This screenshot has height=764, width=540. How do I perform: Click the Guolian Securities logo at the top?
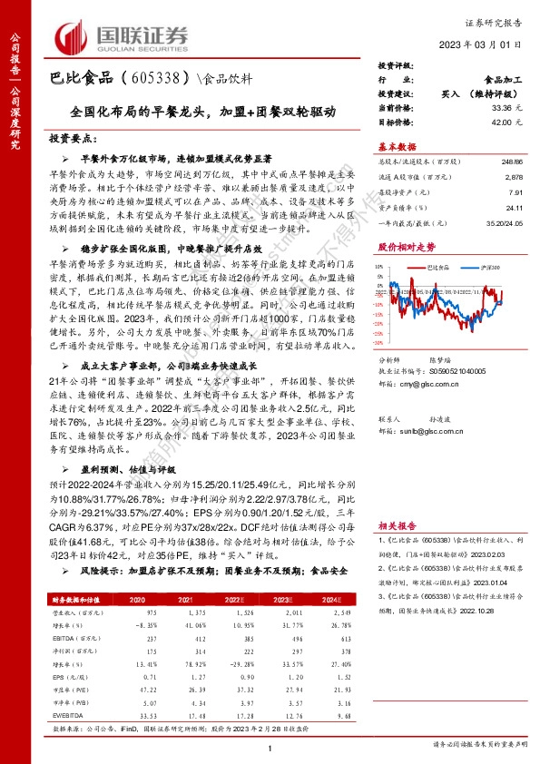(x=122, y=36)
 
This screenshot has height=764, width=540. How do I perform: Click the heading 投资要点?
(x=73, y=140)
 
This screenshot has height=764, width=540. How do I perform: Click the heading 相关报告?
(x=397, y=526)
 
